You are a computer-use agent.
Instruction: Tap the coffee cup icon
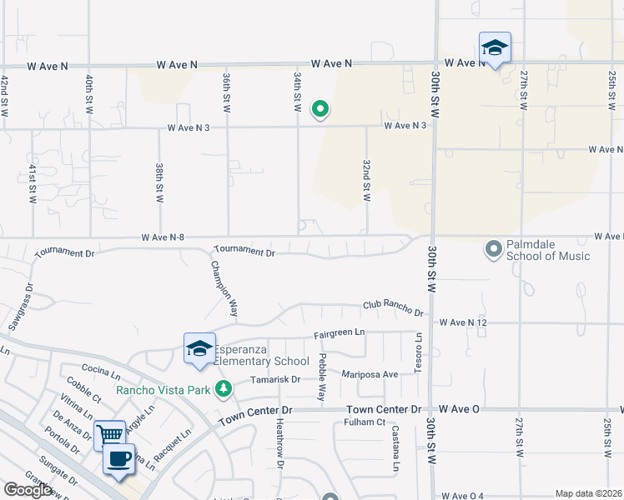(118, 458)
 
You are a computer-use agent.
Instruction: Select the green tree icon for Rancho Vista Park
(223, 388)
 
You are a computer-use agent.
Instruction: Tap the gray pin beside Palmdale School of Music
(493, 248)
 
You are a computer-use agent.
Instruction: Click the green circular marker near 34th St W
(319, 108)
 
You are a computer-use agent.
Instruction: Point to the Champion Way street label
(224, 288)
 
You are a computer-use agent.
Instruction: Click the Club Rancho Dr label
(392, 308)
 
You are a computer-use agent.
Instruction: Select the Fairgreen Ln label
(340, 333)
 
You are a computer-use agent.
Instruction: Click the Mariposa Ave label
(373, 374)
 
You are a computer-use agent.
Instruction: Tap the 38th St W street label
(159, 182)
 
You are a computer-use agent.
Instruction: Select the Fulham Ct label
(363, 422)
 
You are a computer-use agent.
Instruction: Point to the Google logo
(28, 490)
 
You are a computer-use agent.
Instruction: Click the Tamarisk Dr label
(276, 379)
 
